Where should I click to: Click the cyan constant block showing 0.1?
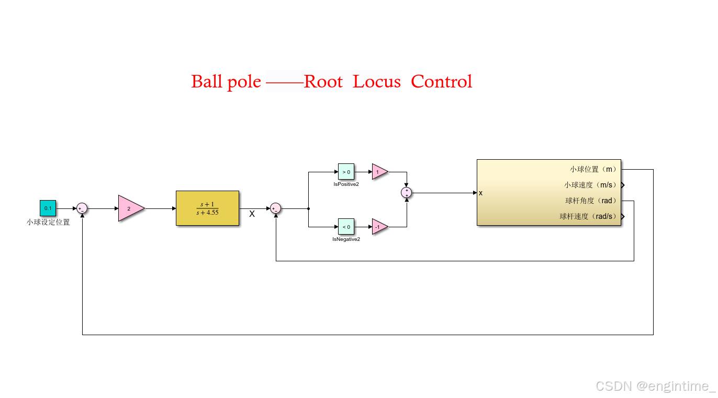(48, 208)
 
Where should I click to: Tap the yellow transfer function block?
(207, 208)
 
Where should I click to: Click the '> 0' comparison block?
(346, 171)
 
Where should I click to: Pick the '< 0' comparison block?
(346, 226)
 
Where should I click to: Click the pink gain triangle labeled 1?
(379, 171)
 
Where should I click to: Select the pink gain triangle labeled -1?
(379, 226)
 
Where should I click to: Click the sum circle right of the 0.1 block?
(82, 208)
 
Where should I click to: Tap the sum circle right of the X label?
(275, 208)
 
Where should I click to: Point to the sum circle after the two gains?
(407, 193)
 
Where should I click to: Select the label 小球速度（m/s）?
(590, 185)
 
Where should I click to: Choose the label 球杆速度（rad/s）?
(588, 216)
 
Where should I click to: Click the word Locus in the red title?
(376, 82)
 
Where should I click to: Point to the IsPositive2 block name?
(346, 184)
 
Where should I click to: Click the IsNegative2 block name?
(346, 239)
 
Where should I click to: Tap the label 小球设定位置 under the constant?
(48, 222)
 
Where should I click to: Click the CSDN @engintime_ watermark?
(655, 386)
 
